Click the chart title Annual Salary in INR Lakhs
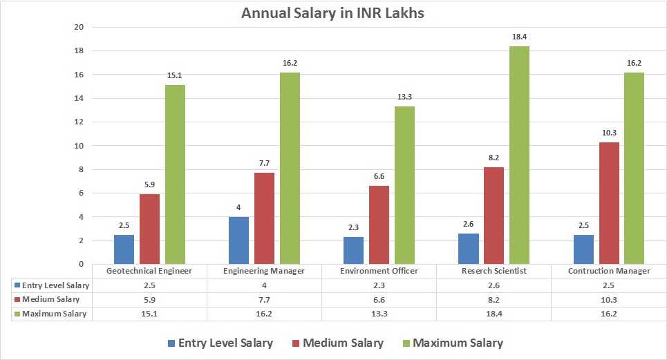[x=333, y=13]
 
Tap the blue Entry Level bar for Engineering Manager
[x=238, y=240]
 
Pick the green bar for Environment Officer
[x=404, y=185]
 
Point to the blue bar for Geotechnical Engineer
[x=124, y=249]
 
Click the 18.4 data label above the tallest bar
[x=520, y=37]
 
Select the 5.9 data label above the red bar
[x=150, y=184]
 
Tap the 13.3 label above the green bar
[x=404, y=97]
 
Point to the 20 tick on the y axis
[x=78, y=28]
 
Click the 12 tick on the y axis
[x=78, y=122]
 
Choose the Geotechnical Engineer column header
[x=149, y=271]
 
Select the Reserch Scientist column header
[x=494, y=271]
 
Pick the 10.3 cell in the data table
[x=608, y=299]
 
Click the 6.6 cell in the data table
[x=379, y=299]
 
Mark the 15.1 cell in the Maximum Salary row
[x=149, y=314]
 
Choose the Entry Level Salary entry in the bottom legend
[x=219, y=343]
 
